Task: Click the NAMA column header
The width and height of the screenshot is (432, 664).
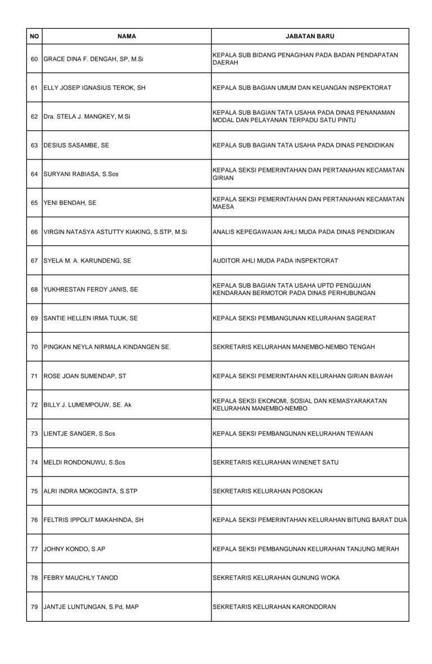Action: coord(127,36)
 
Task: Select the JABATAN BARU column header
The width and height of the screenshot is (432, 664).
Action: coord(310,36)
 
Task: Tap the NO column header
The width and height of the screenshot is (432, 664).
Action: coord(34,36)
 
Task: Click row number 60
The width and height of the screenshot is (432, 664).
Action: coord(34,59)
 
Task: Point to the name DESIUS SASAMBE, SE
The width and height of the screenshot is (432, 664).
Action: coord(76,145)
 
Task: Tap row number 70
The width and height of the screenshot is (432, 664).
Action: coord(34,347)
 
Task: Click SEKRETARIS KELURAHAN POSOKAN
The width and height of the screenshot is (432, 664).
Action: coord(267,491)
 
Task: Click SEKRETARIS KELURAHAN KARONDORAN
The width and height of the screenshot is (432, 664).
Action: coord(274,607)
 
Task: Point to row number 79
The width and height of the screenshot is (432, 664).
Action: coord(34,607)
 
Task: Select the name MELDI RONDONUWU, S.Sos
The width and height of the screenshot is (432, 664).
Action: coord(84,462)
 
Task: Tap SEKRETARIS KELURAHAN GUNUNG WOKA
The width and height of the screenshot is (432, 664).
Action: coord(276,578)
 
